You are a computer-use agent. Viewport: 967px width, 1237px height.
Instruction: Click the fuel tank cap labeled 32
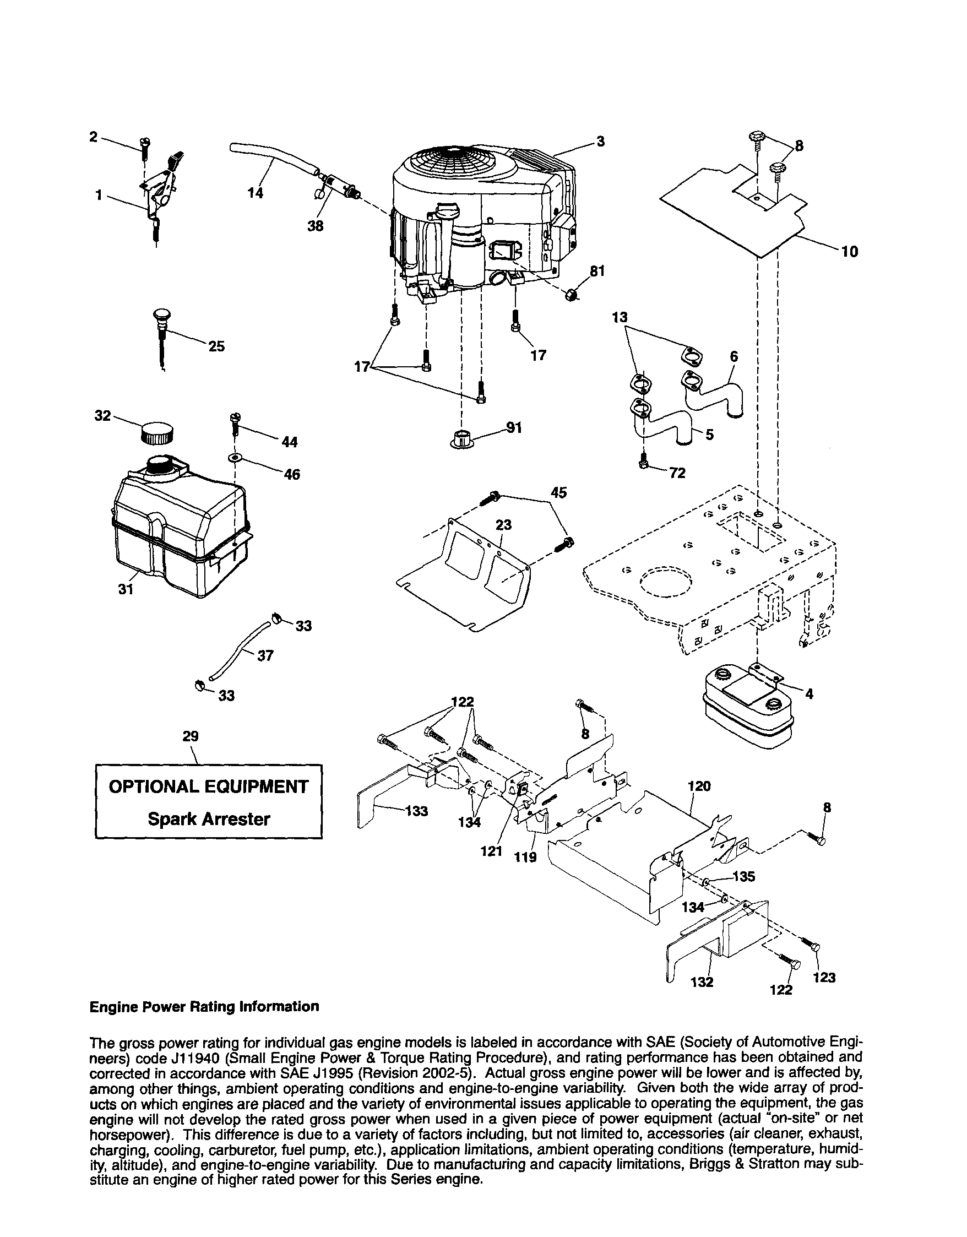(156, 434)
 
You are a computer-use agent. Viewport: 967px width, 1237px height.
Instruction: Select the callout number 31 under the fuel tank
(126, 589)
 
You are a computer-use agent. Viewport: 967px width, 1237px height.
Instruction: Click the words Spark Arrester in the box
(208, 819)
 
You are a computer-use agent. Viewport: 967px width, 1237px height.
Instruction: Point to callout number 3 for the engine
(600, 141)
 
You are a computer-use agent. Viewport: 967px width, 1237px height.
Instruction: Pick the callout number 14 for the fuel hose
(256, 193)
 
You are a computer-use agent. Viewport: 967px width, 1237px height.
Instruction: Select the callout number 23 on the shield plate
(503, 525)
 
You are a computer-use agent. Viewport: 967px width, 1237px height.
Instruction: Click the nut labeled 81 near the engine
(572, 295)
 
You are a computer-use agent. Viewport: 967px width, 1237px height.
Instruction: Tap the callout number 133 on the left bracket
(417, 811)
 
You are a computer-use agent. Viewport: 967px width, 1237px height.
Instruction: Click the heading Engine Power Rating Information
(204, 1006)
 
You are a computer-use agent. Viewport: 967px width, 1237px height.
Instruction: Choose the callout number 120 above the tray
(699, 786)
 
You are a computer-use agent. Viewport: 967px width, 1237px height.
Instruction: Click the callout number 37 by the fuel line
(265, 656)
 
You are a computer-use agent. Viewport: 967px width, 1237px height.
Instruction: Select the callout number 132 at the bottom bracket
(702, 981)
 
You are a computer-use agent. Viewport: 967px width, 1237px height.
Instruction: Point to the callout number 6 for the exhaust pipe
(734, 356)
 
